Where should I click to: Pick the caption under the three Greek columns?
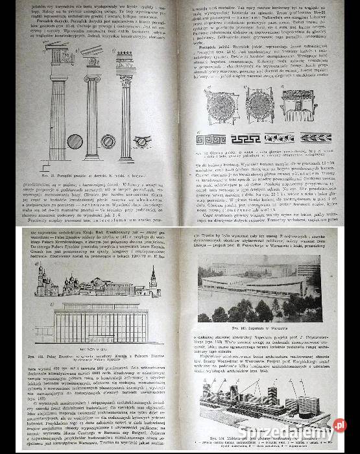pyautogui.click(x=97, y=174)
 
